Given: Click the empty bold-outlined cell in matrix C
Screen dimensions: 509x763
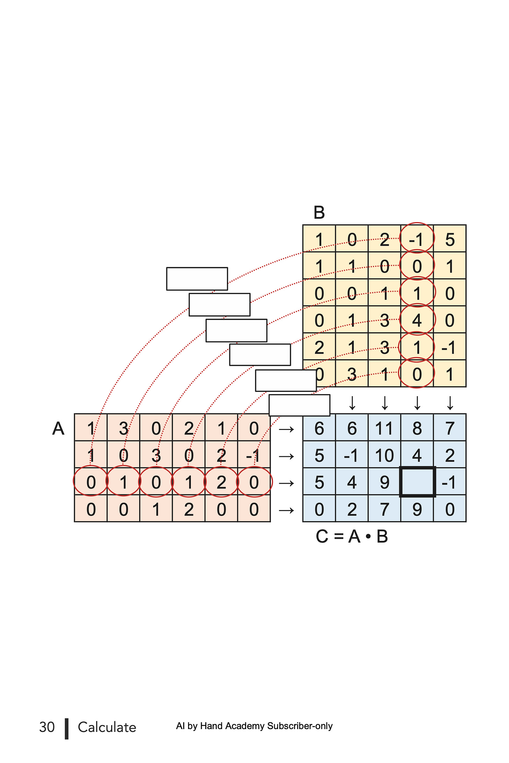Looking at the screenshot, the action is tap(417, 481).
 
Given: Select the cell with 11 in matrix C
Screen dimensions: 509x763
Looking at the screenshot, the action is tap(385, 428).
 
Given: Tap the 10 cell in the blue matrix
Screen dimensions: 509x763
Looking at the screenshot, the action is tap(385, 455).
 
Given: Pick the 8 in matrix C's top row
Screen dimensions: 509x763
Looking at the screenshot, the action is tap(417, 428).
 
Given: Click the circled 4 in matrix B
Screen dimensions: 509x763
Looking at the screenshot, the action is tap(417, 320).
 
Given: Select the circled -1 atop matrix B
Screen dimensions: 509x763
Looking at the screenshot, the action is tap(417, 238).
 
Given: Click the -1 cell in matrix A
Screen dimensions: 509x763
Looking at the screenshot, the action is tap(254, 455).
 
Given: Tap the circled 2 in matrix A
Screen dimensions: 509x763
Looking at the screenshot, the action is tap(221, 482).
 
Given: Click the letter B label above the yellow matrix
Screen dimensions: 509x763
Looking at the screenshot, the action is tap(319, 212).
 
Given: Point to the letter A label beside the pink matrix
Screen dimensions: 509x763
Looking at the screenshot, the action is tap(58, 428).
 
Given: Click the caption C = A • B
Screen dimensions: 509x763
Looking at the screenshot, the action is tap(352, 536).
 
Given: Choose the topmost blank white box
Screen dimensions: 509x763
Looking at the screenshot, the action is tap(197, 279).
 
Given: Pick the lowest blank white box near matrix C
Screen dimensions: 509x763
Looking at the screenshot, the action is tap(300, 405).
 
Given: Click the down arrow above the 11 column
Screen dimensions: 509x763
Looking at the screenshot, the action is tap(385, 403).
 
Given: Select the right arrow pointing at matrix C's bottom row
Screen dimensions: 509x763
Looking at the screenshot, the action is tap(286, 510).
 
